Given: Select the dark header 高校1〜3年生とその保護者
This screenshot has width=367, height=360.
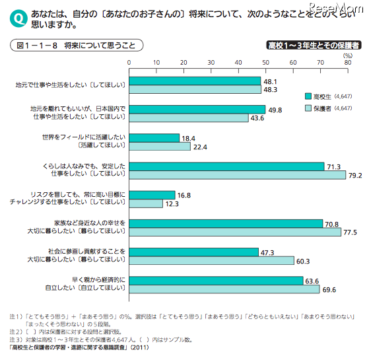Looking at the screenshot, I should [313, 46].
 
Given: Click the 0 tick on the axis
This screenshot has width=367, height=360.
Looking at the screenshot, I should [129, 63].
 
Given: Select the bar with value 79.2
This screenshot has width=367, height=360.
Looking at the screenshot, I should [236, 176].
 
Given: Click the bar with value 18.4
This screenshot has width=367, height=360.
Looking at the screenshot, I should [154, 137].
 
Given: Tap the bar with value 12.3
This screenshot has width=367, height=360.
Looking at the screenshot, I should [145, 204].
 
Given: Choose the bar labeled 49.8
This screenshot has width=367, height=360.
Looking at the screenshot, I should [197, 109].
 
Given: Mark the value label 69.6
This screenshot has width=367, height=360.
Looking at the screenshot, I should [328, 290].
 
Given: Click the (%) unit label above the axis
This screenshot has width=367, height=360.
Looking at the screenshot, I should [348, 55].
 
